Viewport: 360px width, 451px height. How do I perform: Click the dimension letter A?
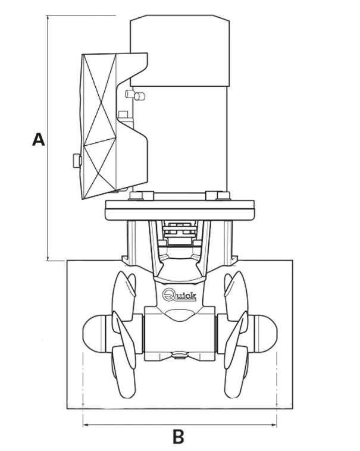point(38,139)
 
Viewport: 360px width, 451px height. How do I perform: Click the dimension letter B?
point(179,436)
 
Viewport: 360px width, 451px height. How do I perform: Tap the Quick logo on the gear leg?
point(180,295)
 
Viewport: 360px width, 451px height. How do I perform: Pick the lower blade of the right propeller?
point(236,372)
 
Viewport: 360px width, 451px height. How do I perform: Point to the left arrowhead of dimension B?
point(85,425)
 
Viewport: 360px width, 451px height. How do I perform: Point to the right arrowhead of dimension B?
point(274,425)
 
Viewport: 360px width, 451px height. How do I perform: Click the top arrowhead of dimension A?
point(48,18)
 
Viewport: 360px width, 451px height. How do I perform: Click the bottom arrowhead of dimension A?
point(48,258)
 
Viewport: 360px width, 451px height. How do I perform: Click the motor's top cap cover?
point(180,51)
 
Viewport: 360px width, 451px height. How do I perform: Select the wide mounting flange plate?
point(180,210)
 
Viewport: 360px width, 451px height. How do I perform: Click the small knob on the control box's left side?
point(77,161)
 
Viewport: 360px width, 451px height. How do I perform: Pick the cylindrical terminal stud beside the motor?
point(140,96)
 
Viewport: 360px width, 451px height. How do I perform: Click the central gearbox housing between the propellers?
point(180,334)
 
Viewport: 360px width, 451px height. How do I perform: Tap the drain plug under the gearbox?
point(180,355)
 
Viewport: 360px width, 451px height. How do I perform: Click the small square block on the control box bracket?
point(123,114)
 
